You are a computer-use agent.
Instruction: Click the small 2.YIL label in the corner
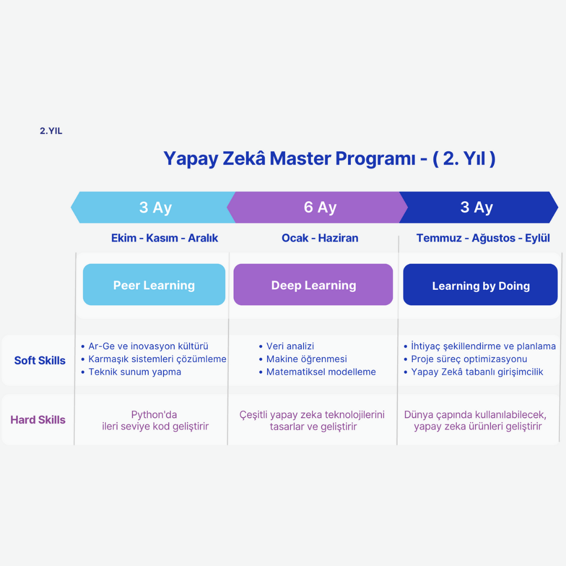pos(51,131)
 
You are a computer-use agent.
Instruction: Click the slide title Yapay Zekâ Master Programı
pos(329,158)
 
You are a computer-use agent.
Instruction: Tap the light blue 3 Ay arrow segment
pos(155,208)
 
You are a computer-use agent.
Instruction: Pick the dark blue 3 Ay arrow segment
pos(476,208)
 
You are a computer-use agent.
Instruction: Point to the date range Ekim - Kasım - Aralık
pos(165,238)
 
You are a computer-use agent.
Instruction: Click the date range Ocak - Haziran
pos(320,238)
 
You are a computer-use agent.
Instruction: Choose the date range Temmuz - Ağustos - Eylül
pos(483,238)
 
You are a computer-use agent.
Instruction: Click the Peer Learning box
pos(154,285)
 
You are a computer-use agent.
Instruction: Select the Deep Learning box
pos(313,285)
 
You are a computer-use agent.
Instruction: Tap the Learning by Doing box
pos(481,285)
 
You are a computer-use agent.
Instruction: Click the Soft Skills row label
pos(40,361)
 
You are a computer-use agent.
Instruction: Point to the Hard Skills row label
pos(38,420)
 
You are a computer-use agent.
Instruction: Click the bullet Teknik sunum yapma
pos(135,372)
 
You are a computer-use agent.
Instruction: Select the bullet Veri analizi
pos(290,346)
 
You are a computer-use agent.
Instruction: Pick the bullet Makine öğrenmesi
pos(307,359)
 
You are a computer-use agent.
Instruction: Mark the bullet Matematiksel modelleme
pos(321,372)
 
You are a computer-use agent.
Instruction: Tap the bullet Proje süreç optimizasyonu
pos(469,359)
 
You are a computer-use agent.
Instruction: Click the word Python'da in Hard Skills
pos(154,415)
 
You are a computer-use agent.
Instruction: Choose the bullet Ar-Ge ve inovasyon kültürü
pos(148,346)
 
